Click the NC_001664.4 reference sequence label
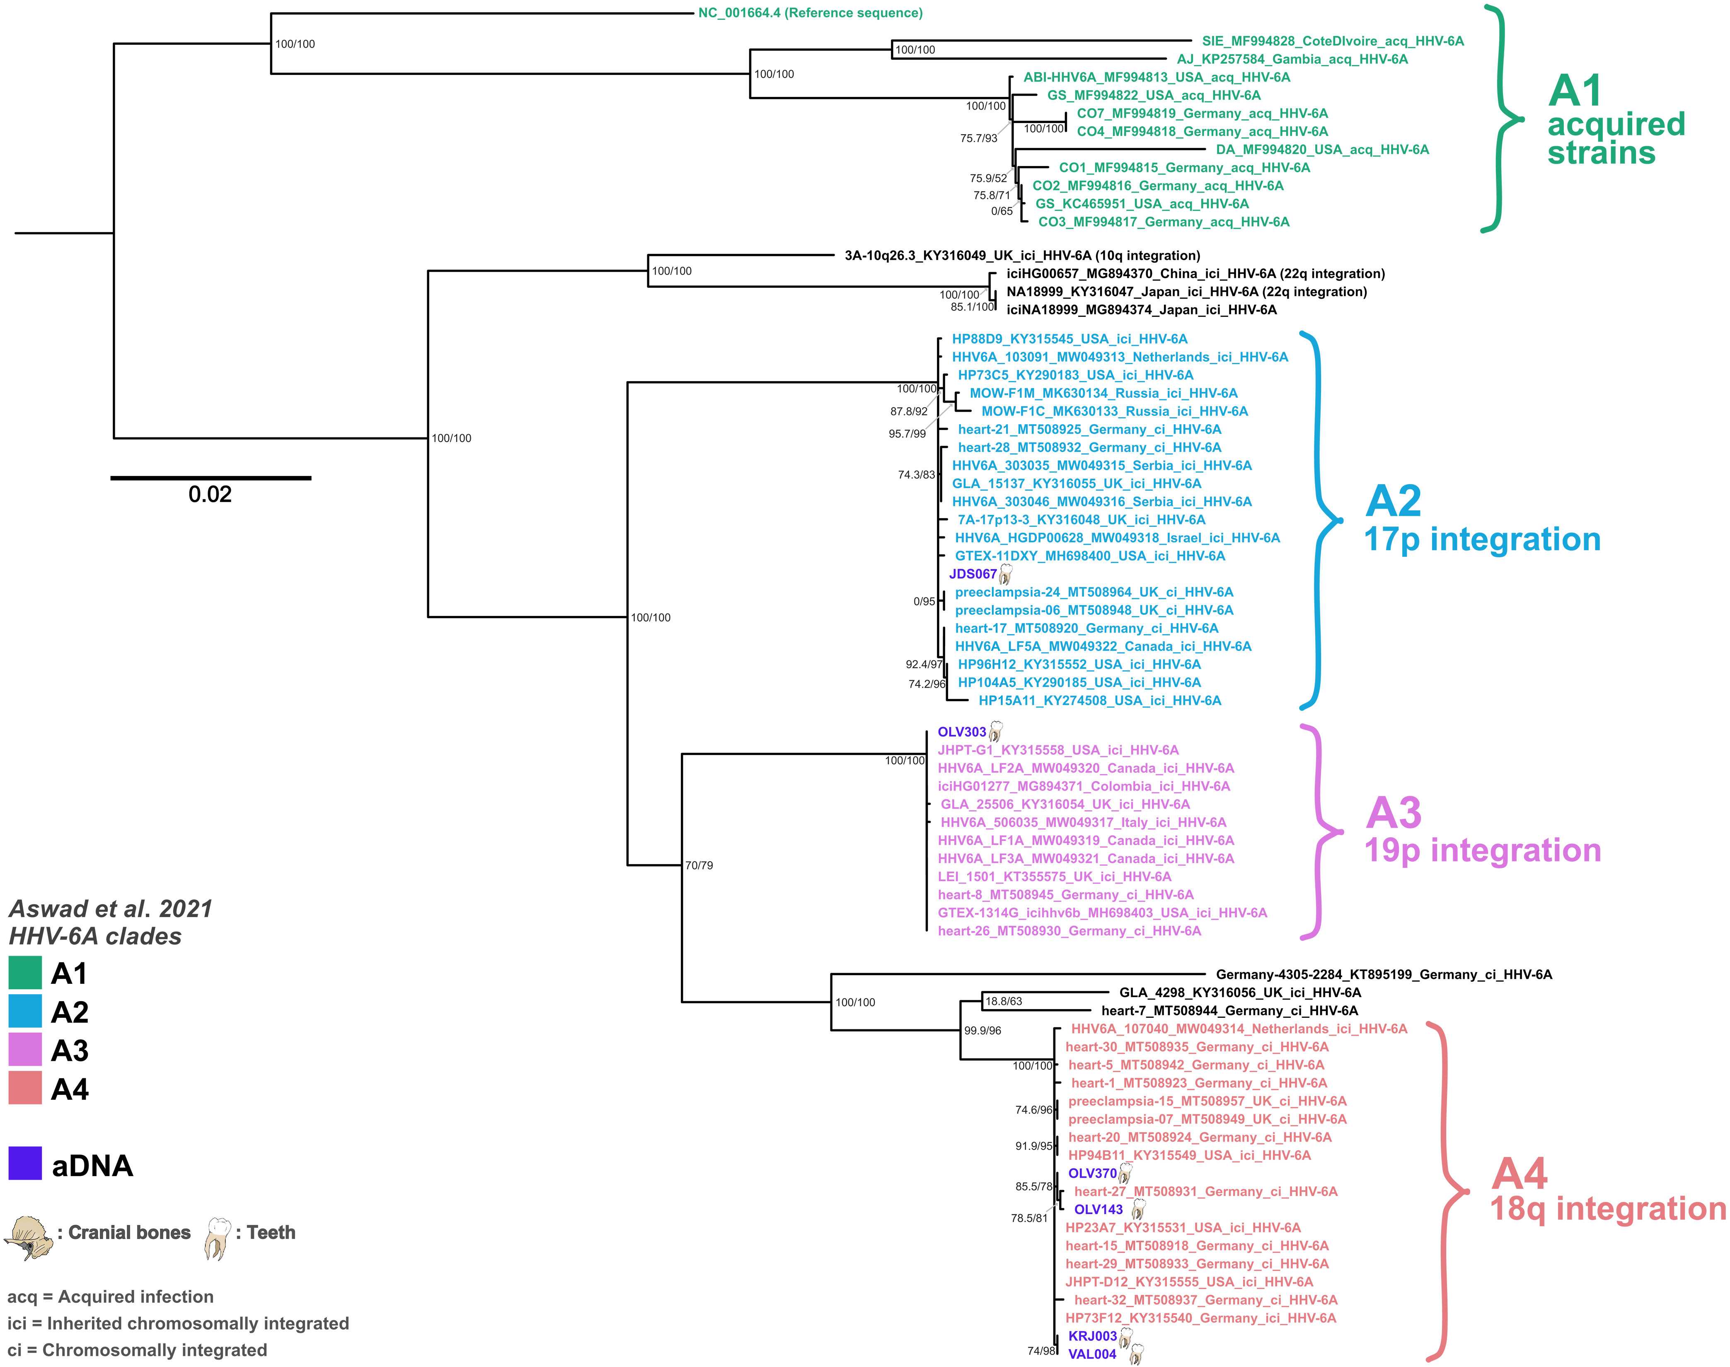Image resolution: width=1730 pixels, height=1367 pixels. coord(810,13)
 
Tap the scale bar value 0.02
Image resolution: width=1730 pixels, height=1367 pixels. coord(210,495)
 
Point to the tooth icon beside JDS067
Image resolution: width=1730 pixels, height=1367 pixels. coord(1006,574)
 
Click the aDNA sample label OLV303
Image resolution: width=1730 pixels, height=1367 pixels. coord(961,732)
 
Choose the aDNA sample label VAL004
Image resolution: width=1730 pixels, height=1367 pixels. coord(1092,1354)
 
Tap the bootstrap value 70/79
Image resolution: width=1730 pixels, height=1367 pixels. coord(699,865)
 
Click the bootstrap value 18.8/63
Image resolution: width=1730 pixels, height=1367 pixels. coord(1003,1001)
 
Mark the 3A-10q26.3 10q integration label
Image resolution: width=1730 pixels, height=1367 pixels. coord(1022,255)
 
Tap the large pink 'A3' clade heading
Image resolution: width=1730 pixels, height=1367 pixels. coord(1393,813)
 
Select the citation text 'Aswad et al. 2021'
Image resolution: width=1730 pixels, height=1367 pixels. coord(111,909)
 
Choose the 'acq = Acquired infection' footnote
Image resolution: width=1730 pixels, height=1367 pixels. coord(111,1297)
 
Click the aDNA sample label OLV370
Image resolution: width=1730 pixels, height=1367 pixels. coord(1092,1173)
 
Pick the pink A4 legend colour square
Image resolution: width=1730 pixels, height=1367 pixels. coord(25,1089)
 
